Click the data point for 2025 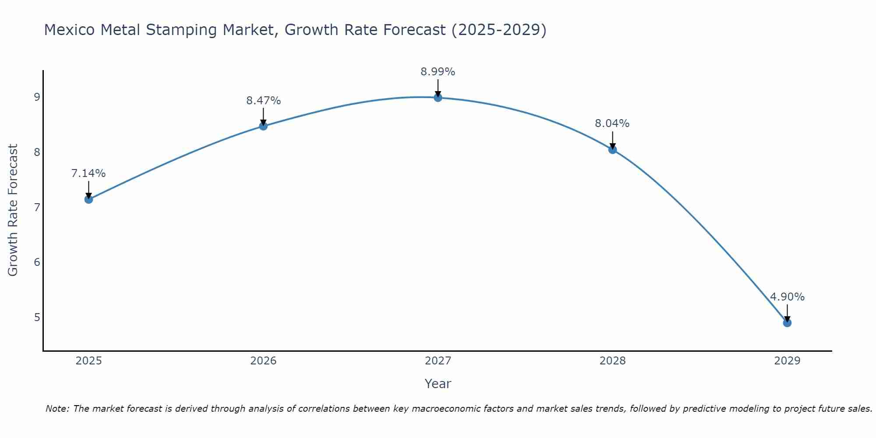(88, 199)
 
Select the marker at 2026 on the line (263, 126)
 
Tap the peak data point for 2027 (438, 97)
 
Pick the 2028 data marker (612, 150)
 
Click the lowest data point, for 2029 (787, 323)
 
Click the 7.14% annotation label (88, 173)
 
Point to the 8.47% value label (263, 101)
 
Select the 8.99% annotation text (438, 72)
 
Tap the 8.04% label (612, 124)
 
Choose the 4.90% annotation (787, 297)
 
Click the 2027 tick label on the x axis (438, 361)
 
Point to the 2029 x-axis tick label (787, 361)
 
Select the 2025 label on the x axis (88, 361)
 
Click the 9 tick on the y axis (37, 97)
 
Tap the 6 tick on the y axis (37, 262)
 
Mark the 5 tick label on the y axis (37, 317)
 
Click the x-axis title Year (438, 384)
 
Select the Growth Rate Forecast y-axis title (13, 210)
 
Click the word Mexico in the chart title (70, 30)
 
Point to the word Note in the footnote (57, 409)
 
